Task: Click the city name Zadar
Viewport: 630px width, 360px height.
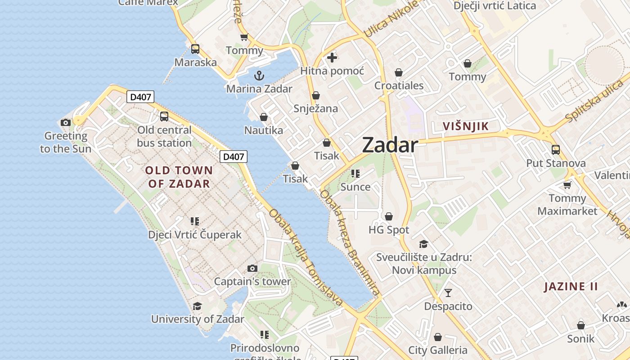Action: [390, 145]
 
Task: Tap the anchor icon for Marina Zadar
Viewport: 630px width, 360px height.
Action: [259, 76]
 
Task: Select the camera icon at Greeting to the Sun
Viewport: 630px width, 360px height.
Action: [66, 122]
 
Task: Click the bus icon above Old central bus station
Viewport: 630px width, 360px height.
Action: [164, 117]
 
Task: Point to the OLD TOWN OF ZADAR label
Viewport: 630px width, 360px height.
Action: [179, 177]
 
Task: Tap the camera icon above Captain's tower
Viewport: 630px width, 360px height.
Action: [252, 269]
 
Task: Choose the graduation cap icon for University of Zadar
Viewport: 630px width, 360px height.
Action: [197, 306]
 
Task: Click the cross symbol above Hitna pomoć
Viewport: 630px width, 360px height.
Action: [332, 58]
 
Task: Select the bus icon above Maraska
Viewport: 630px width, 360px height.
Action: [195, 49]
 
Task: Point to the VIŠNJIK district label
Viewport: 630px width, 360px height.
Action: [466, 126]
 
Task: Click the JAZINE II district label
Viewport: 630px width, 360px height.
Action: [571, 287]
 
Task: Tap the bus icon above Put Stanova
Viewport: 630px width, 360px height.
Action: [556, 150]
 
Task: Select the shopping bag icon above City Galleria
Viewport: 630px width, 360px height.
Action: [437, 337]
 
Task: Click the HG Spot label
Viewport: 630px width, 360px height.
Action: [389, 230]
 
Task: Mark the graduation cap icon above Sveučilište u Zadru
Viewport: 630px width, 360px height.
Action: [423, 244]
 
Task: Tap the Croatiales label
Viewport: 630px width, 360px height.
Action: [399, 85]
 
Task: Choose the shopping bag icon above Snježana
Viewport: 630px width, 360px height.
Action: [316, 95]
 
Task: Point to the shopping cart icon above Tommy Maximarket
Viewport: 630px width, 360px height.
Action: [567, 185]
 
